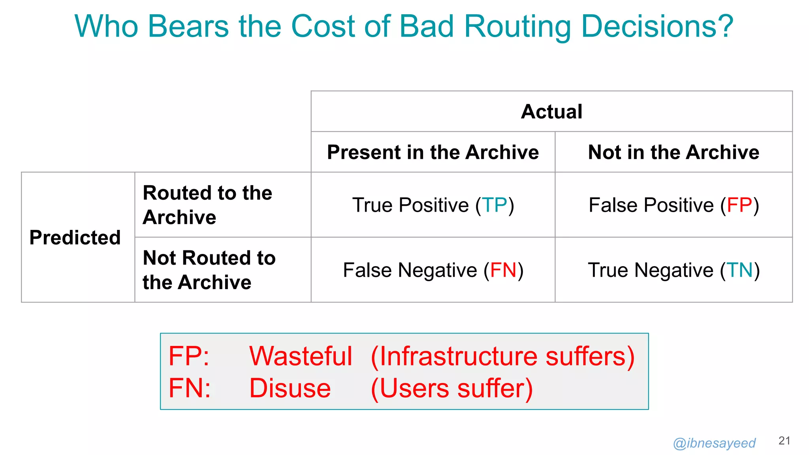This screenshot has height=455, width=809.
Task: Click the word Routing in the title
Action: pyautogui.click(x=517, y=27)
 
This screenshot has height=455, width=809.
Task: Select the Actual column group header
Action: pyautogui.click(x=551, y=111)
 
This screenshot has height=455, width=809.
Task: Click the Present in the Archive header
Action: pyautogui.click(x=433, y=152)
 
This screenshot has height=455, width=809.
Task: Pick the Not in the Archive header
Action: pyautogui.click(x=674, y=152)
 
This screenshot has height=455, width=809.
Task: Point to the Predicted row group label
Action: pyautogui.click(x=75, y=237)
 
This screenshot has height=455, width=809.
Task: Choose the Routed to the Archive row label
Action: pyautogui.click(x=207, y=205)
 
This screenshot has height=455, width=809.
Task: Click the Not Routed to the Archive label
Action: pyautogui.click(x=209, y=270)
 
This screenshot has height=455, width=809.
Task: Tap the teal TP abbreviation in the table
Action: pyautogui.click(x=495, y=205)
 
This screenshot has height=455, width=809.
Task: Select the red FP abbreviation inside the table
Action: pyautogui.click(x=739, y=205)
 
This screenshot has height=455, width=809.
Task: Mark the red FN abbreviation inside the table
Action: pyautogui.click(x=503, y=270)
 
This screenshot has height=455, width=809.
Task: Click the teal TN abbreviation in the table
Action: pyautogui.click(x=740, y=270)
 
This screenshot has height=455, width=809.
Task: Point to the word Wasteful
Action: pyautogui.click(x=301, y=356)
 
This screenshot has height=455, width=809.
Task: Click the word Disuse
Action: pyautogui.click(x=290, y=388)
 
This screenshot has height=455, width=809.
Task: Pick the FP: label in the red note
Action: pyautogui.click(x=189, y=356)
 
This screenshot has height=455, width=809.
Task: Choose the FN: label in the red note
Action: pyautogui.click(x=190, y=388)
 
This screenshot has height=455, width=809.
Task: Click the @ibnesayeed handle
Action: pyautogui.click(x=714, y=443)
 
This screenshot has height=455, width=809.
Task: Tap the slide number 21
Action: pyautogui.click(x=784, y=441)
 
